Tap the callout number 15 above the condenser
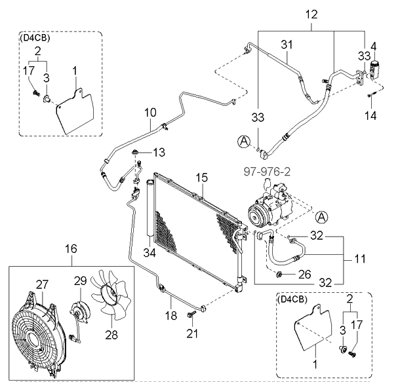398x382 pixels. [x=201, y=178]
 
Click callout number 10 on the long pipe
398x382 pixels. [x=151, y=112]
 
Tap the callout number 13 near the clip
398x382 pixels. [x=159, y=152]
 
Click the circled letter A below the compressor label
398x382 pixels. [x=321, y=217]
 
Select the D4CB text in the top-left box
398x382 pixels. [x=35, y=37]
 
